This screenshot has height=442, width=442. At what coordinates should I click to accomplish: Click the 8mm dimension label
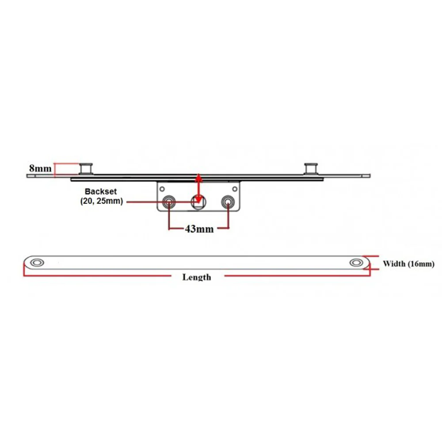[x=40, y=168]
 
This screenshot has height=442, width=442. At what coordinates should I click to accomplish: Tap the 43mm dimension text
[x=199, y=229]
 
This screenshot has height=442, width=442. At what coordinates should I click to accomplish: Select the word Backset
[x=101, y=191]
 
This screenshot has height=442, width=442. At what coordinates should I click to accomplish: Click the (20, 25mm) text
[x=102, y=201]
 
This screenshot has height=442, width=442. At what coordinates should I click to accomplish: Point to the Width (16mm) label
[x=408, y=264]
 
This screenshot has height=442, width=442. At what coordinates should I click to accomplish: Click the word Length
[x=197, y=277]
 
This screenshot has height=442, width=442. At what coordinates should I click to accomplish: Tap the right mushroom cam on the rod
[x=311, y=168]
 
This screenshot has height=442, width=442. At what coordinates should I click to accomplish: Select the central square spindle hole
[x=198, y=202]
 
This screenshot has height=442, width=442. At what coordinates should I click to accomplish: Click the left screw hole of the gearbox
[x=169, y=202]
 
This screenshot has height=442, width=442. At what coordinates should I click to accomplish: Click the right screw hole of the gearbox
[x=228, y=202]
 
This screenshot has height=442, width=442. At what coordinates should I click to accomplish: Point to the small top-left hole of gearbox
[x=162, y=189]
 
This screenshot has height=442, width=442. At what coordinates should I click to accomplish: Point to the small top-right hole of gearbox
[x=235, y=189]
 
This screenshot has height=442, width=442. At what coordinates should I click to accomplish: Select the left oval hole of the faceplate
[x=37, y=263]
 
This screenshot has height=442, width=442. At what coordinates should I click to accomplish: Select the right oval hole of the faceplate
[x=356, y=263]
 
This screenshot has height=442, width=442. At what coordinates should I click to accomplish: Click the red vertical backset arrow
[x=199, y=188]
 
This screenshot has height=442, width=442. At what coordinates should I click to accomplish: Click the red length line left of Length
[x=97, y=275]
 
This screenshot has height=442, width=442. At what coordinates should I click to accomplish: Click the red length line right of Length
[x=297, y=275]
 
